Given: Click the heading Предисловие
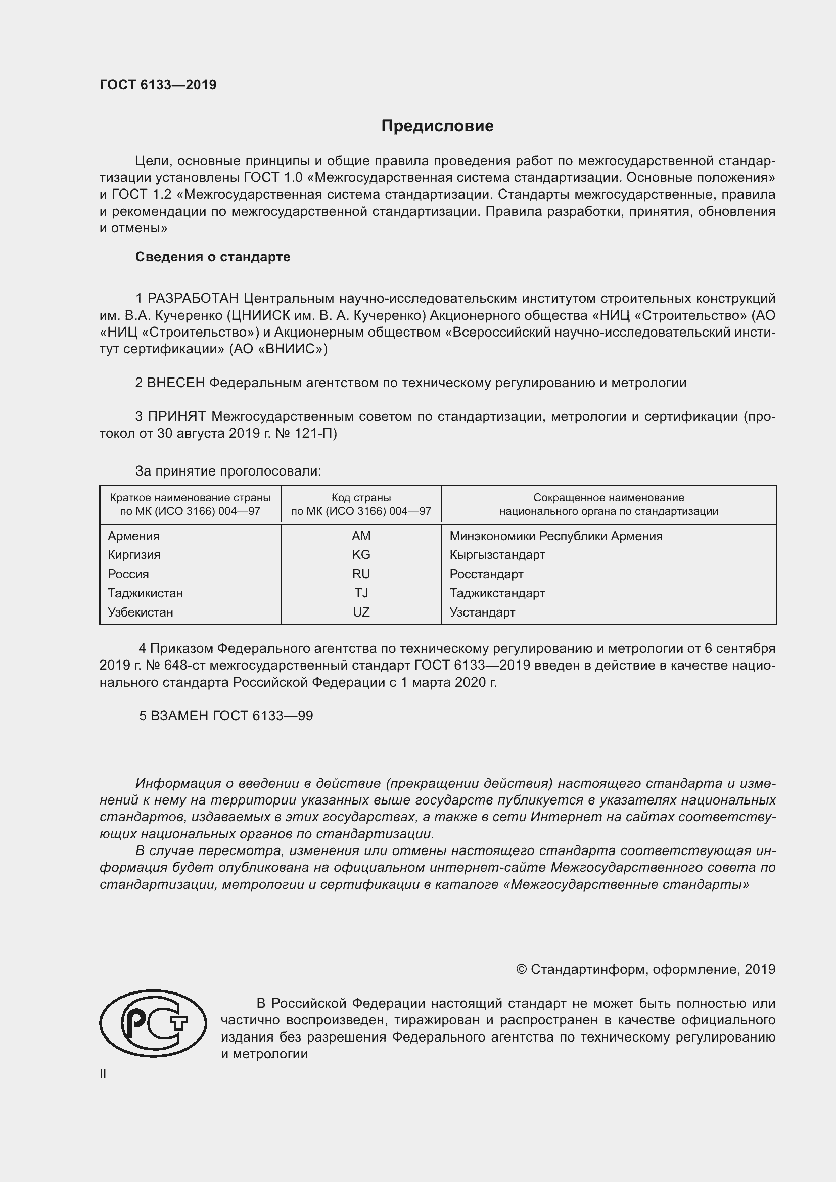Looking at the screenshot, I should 437,126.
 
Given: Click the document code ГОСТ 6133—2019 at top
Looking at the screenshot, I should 158,85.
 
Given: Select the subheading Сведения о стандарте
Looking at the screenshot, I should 213,257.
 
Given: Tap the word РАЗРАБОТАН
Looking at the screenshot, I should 193,299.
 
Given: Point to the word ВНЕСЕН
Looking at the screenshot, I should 176,383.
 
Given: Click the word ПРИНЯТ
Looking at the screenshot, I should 177,416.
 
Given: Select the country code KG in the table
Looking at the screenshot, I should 361,554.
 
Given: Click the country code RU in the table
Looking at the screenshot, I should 361,574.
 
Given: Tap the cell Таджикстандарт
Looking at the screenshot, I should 497,593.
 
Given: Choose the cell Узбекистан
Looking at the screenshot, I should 140,612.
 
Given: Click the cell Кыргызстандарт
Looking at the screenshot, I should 497,554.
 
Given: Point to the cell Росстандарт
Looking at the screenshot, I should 486,574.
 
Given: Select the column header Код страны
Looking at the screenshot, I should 361,498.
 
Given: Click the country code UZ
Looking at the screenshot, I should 361,612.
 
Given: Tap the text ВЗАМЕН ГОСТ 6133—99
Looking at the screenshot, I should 231,716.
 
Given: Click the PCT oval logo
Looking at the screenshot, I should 153,1023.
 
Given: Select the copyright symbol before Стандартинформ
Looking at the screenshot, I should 521,969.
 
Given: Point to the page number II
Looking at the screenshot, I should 103,1074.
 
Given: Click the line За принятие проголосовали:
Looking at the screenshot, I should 228,471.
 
